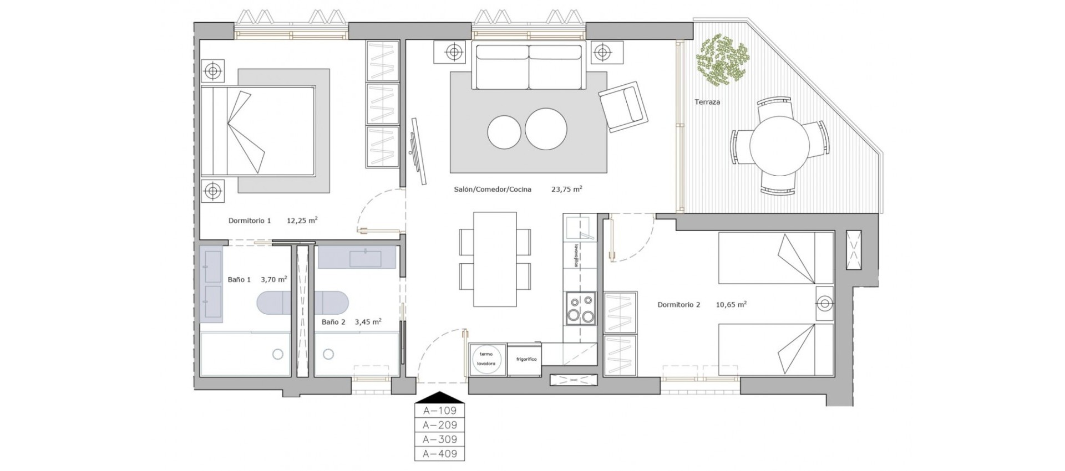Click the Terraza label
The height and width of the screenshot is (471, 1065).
(x=707, y=102)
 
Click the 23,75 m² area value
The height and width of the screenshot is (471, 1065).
(x=566, y=189)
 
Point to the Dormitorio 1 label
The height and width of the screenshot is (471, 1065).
(x=250, y=221)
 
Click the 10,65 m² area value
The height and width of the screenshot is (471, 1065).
(x=731, y=304)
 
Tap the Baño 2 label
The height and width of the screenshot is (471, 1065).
(x=333, y=322)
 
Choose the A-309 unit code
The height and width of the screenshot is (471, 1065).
(x=440, y=439)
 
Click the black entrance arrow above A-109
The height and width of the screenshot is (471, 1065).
(x=439, y=397)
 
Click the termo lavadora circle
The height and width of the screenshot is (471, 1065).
(x=486, y=359)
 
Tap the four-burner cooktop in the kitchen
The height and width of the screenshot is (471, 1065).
(x=580, y=309)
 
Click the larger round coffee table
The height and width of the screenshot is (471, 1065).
(x=546, y=129)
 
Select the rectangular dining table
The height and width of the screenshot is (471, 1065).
(x=495, y=259)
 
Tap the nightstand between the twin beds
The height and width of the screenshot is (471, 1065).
(x=825, y=304)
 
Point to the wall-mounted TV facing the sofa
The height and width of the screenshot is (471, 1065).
(x=418, y=151)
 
